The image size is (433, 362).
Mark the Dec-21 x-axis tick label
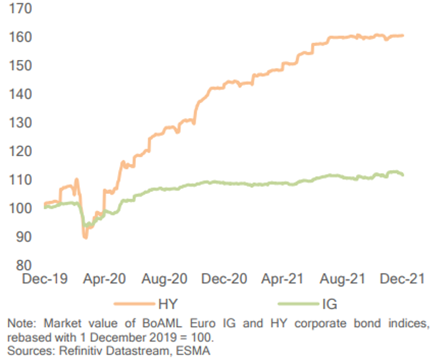pyautogui.click(x=399, y=280)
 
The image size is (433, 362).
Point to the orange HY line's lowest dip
pyautogui.click(x=85, y=237)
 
